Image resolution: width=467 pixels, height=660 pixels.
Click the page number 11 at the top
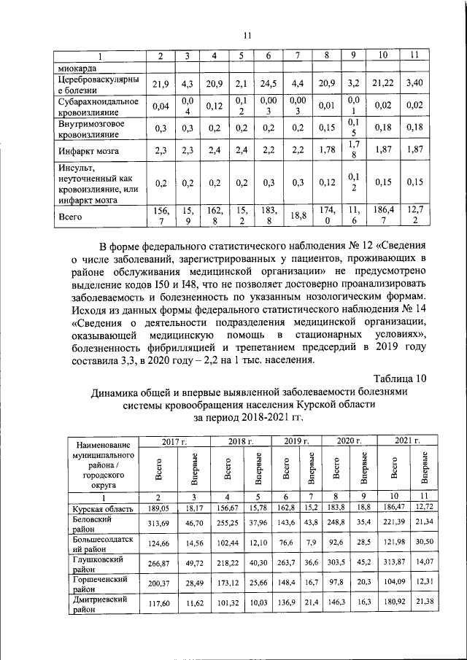coord(247,34)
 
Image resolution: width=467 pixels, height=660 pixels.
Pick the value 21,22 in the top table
coord(382,85)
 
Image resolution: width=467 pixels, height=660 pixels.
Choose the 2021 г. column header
coord(406,441)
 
